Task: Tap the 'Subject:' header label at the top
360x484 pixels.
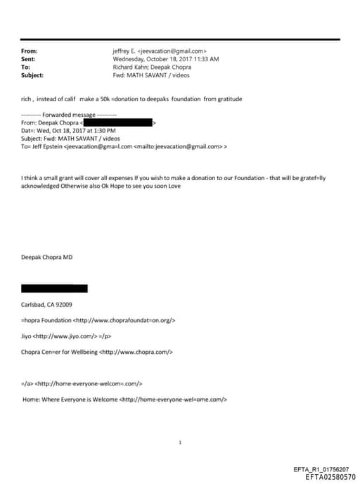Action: [32, 75]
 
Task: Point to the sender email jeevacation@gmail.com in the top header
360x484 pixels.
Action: [172, 51]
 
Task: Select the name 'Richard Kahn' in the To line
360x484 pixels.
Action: [129, 67]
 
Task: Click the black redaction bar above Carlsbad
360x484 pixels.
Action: [54, 288]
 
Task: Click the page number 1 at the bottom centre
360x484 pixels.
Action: [180, 442]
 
